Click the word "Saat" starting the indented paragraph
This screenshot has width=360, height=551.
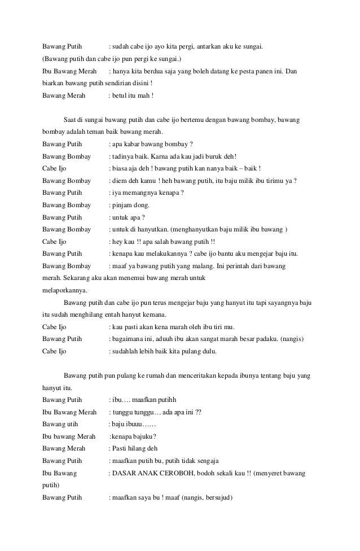pos(71,120)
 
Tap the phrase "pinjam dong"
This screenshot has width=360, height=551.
pos(129,205)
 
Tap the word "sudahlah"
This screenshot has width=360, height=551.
pos(125,351)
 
